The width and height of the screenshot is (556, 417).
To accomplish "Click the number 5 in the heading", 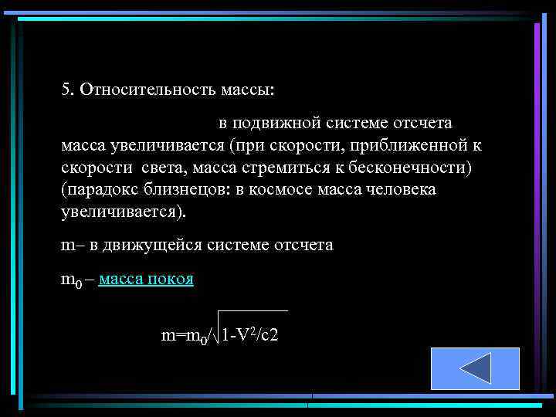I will [x=66, y=90].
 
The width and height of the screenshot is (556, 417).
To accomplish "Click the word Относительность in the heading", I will [x=138, y=90].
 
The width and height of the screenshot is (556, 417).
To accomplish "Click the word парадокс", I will [x=103, y=190].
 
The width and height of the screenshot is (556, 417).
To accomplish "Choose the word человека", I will [x=398, y=190].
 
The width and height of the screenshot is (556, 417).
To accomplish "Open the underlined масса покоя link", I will [x=146, y=280].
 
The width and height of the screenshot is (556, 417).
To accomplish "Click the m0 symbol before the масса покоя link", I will [x=70, y=280].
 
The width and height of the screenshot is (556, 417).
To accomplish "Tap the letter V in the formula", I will [x=240, y=335].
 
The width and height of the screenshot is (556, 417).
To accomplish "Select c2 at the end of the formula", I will [x=270, y=335].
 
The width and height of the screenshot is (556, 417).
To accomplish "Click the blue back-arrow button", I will [x=474, y=368].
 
